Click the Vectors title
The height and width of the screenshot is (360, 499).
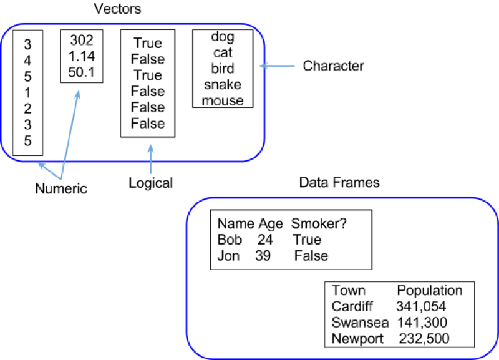117,9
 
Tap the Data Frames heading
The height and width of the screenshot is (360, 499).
339,182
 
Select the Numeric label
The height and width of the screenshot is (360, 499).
61,188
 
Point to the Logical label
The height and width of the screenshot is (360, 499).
150,183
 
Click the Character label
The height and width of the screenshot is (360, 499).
333,66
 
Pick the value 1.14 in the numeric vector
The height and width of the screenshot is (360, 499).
82,56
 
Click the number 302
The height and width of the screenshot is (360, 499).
82,40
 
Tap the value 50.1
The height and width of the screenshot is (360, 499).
82,72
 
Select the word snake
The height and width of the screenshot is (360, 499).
223,85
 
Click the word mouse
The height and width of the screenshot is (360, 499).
223,100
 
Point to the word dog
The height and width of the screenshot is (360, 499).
223,37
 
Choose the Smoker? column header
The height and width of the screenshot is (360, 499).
319,223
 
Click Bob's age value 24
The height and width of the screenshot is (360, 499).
265,240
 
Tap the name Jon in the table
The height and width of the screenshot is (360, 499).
228,256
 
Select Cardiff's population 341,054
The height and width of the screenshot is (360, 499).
421,306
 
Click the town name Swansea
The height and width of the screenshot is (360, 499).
360,323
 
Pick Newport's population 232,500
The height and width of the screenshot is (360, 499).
424,338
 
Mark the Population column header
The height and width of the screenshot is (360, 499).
430,291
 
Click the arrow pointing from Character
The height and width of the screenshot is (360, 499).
277,66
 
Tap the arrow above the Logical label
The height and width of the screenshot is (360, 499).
151,159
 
